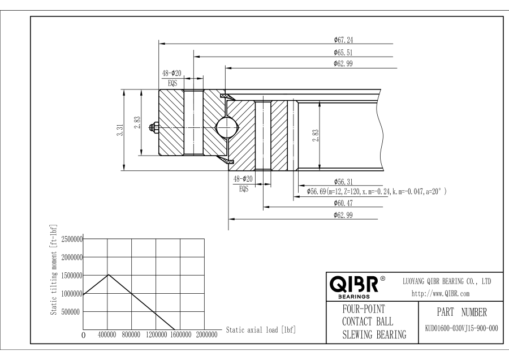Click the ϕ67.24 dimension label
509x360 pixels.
coord(344,40)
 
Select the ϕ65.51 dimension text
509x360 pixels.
coord(344,53)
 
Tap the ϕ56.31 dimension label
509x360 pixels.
coord(344,182)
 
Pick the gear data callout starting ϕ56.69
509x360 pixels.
coord(377,192)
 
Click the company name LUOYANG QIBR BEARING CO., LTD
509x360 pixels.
coord(446,281)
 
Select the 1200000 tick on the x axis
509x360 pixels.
coord(157,335)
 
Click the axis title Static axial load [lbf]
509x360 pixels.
coord(261,329)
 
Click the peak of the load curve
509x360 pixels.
coord(108,275)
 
